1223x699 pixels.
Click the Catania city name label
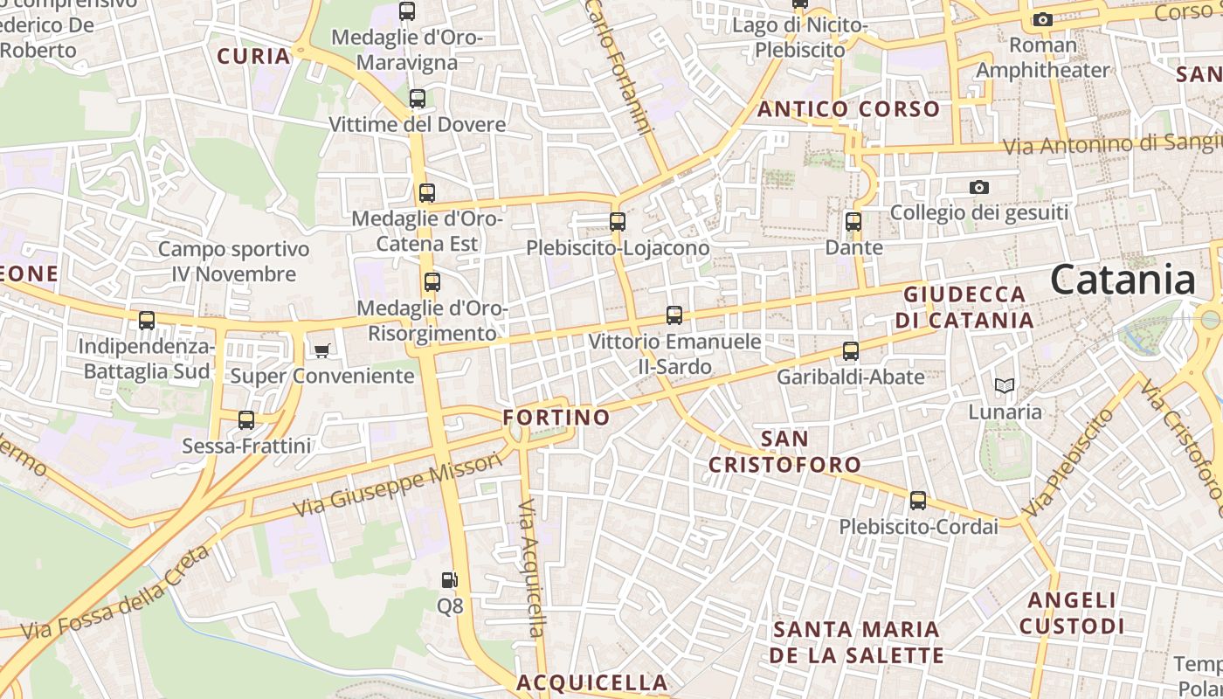(1123, 280)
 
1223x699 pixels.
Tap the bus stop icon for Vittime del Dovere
(418, 99)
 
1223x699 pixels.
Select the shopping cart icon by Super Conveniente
(322, 350)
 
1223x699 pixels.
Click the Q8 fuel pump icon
(449, 579)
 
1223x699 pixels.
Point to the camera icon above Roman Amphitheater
(1042, 19)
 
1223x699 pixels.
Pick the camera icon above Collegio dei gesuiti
(979, 187)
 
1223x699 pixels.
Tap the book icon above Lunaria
(1005, 385)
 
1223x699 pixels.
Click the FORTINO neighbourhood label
(556, 417)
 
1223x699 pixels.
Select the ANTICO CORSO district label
(848, 109)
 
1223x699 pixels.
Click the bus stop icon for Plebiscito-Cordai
(918, 501)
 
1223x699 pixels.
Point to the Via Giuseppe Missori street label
(398, 483)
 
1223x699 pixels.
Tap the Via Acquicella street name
(531, 568)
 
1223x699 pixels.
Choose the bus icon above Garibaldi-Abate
(851, 351)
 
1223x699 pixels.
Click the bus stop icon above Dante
(853, 222)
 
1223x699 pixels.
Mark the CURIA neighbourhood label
(253, 57)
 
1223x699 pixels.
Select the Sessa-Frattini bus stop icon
(246, 420)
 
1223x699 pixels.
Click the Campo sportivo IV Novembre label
(233, 261)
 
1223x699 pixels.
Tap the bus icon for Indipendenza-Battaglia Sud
(147, 321)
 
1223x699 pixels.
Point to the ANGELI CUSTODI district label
(1072, 612)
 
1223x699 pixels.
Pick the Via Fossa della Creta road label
(115, 594)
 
